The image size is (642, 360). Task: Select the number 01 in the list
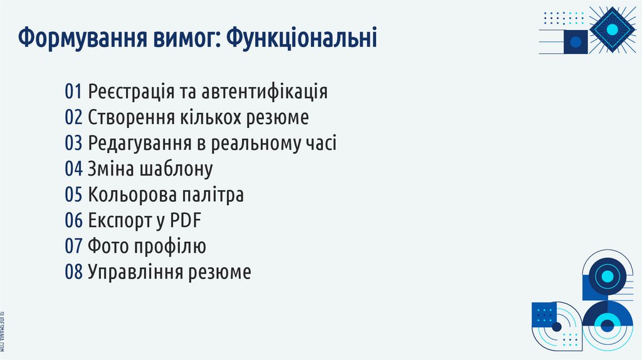[73, 92]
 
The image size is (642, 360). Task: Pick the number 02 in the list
[73, 117]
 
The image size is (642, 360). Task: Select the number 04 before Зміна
[73, 169]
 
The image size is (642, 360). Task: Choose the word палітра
[213, 195]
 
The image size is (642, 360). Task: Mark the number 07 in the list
[73, 246]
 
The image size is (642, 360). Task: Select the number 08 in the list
[73, 272]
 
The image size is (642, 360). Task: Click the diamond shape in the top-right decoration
[613, 29]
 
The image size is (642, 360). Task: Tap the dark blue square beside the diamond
[576, 42]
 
